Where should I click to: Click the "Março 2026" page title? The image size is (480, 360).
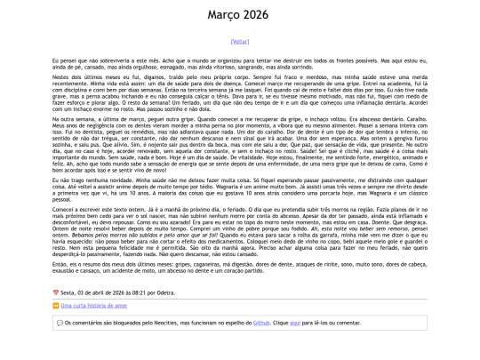(x=240, y=15)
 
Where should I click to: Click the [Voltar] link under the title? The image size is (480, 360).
(x=240, y=41)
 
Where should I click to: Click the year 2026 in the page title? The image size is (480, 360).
(x=260, y=15)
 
